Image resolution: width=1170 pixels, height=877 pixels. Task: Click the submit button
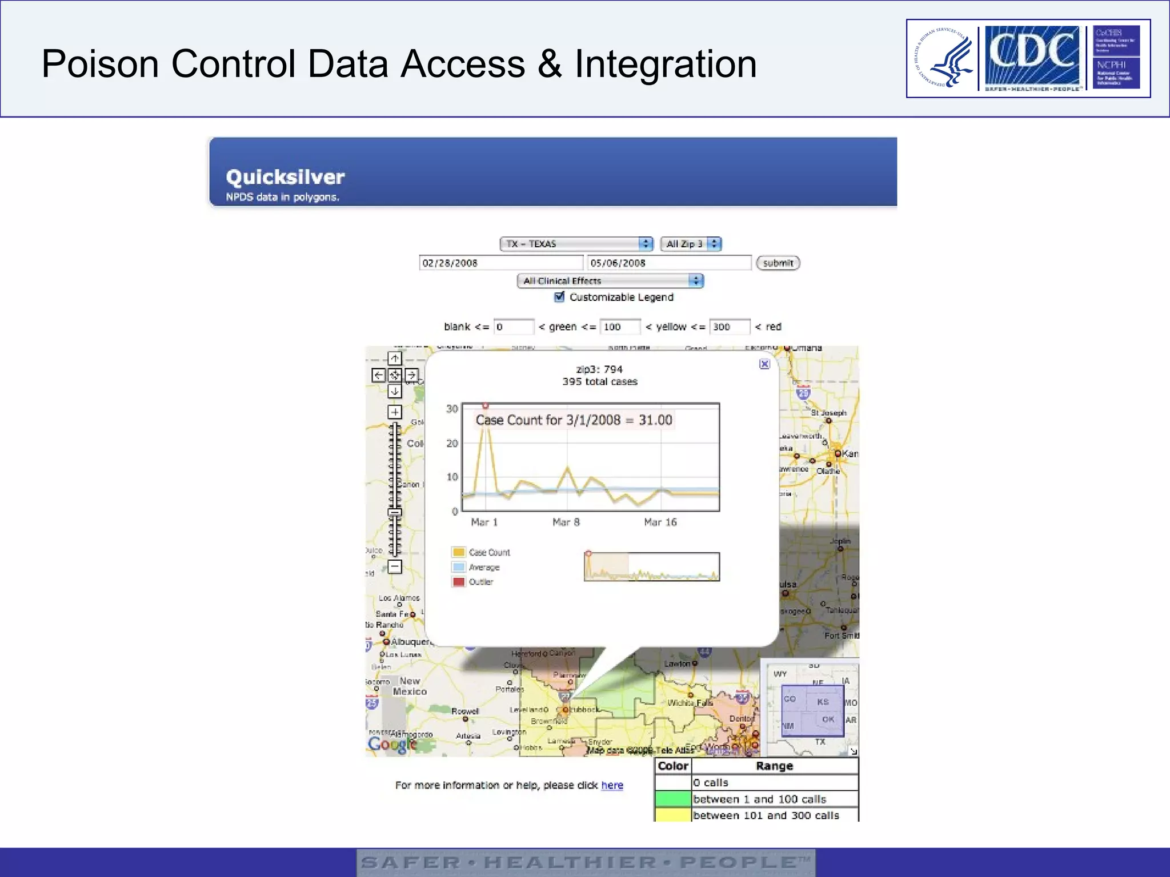pyautogui.click(x=778, y=263)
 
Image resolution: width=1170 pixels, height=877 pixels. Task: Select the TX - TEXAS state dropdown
pyautogui.click(x=576, y=244)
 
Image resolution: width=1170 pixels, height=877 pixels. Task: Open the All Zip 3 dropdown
pyautogui.click(x=691, y=244)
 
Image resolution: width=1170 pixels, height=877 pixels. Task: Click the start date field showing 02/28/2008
pyautogui.click(x=500, y=263)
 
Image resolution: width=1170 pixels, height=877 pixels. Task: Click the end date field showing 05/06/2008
pyautogui.click(x=668, y=263)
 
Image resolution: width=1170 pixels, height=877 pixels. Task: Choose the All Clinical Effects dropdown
pyautogui.click(x=610, y=281)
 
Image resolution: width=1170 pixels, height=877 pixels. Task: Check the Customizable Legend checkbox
pyautogui.click(x=560, y=297)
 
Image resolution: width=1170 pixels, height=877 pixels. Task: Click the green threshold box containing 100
pyautogui.click(x=620, y=327)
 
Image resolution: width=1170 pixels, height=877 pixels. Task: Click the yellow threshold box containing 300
pyautogui.click(x=729, y=327)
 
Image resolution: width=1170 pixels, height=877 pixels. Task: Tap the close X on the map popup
pyautogui.click(x=764, y=364)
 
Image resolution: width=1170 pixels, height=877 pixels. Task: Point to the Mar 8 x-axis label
pyautogui.click(x=566, y=522)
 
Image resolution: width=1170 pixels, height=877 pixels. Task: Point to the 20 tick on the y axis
pyautogui.click(x=452, y=443)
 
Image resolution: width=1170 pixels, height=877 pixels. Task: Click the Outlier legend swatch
pyautogui.click(x=458, y=582)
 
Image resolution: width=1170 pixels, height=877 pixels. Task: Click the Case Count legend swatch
pyautogui.click(x=458, y=552)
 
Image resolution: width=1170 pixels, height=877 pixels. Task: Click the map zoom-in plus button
pyautogui.click(x=395, y=412)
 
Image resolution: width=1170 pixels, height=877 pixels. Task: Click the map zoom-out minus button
pyautogui.click(x=395, y=566)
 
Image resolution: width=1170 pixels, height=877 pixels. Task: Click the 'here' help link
pyautogui.click(x=612, y=785)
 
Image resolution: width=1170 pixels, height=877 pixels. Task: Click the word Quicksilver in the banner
pyautogui.click(x=285, y=177)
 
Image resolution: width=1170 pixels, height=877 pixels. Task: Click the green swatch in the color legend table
pyautogui.click(x=673, y=799)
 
